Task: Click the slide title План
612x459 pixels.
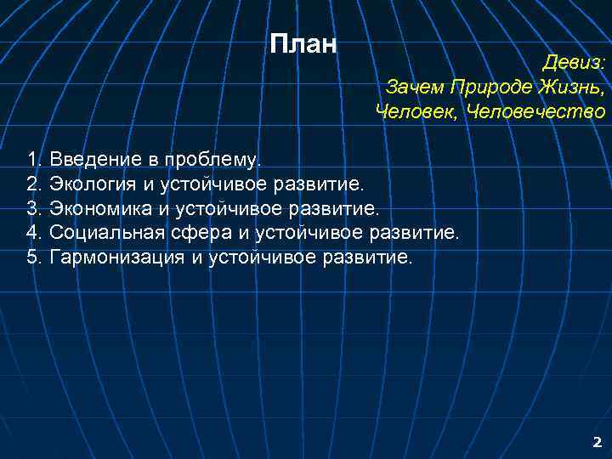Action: click(x=303, y=43)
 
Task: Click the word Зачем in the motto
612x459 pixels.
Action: click(x=415, y=88)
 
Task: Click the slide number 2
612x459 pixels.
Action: click(x=597, y=442)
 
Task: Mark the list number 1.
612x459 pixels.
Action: click(x=33, y=159)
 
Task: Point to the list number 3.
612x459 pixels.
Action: click(x=33, y=208)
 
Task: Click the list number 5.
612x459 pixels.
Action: click(x=33, y=258)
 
